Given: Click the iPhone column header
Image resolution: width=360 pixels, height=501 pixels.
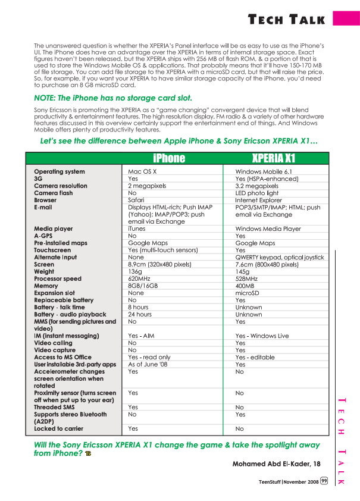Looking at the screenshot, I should point(169,158).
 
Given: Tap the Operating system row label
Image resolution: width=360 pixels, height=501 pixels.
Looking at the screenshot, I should point(60,172).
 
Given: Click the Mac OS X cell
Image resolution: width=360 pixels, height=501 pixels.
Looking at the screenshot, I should point(142,172).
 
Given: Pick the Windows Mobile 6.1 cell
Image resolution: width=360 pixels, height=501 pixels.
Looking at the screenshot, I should point(262,172).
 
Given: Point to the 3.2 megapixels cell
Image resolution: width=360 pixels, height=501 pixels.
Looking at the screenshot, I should point(258,186).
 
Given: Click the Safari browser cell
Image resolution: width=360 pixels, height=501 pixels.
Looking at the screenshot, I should point(137,201).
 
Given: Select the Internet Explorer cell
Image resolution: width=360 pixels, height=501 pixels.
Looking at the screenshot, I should point(259,201).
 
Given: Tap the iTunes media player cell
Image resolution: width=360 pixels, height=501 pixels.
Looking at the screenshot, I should point(137,229).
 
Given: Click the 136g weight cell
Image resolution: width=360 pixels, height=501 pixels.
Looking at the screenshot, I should point(135,272).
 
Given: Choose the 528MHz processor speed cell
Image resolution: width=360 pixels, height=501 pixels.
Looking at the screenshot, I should point(247,279).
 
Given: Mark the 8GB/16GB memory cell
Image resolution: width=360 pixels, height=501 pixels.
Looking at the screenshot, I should point(143,286).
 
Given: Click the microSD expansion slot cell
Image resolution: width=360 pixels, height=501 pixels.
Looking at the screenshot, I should point(248,293).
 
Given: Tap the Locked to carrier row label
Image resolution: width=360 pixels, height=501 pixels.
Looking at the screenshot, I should point(59,429).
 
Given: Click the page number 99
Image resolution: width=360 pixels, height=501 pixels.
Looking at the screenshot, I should point(324,481).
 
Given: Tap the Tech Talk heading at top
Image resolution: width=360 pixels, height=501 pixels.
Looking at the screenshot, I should point(287,20).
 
